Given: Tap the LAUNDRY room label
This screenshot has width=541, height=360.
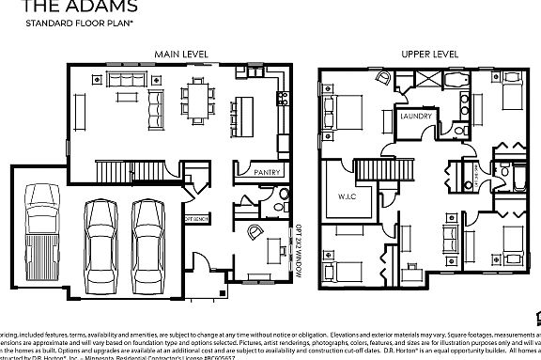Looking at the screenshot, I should tap(415, 117).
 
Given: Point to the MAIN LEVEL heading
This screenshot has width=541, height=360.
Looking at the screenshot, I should tap(182, 54).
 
